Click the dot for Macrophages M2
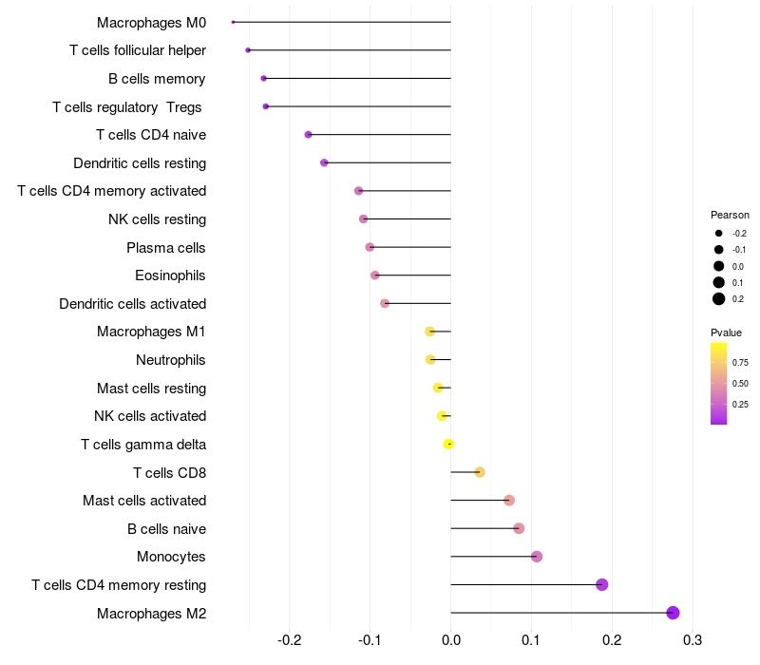click(x=673, y=613)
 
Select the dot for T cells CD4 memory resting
click(x=601, y=584)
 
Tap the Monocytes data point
click(x=537, y=557)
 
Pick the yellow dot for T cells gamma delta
click(x=449, y=444)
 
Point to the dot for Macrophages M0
click(x=233, y=22)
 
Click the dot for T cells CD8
click(x=480, y=472)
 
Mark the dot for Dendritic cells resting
click(x=324, y=162)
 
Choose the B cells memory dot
click(x=263, y=78)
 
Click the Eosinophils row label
click(x=171, y=275)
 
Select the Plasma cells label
click(x=166, y=248)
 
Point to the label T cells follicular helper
click(x=138, y=50)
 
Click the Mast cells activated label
click(x=144, y=501)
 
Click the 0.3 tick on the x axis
click(x=693, y=639)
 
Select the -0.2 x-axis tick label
click(x=288, y=639)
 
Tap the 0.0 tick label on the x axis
click(x=450, y=639)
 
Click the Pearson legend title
click(x=730, y=215)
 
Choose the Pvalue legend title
click(x=726, y=332)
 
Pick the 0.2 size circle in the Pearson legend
click(x=718, y=298)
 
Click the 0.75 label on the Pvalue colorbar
click(x=740, y=362)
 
